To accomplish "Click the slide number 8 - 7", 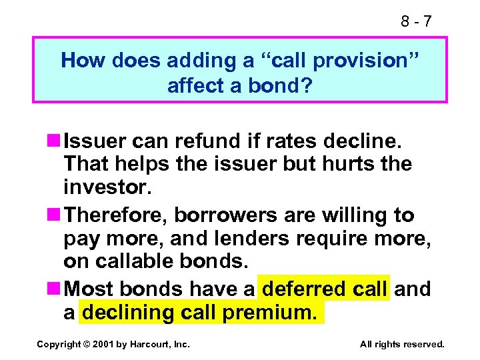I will click(x=416, y=21).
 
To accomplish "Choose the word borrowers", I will click(x=237, y=215).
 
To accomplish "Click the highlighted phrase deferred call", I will click(x=324, y=289).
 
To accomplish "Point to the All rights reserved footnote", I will click(x=401, y=344).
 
